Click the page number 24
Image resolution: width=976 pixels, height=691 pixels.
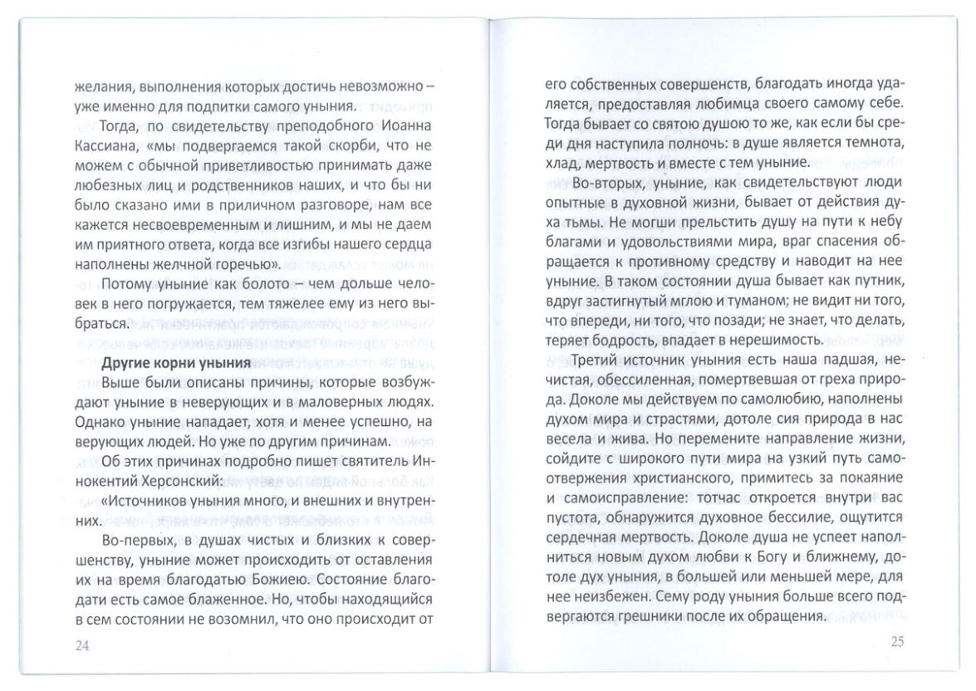pos(81,647)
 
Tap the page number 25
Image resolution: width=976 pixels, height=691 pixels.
pos(896,640)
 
